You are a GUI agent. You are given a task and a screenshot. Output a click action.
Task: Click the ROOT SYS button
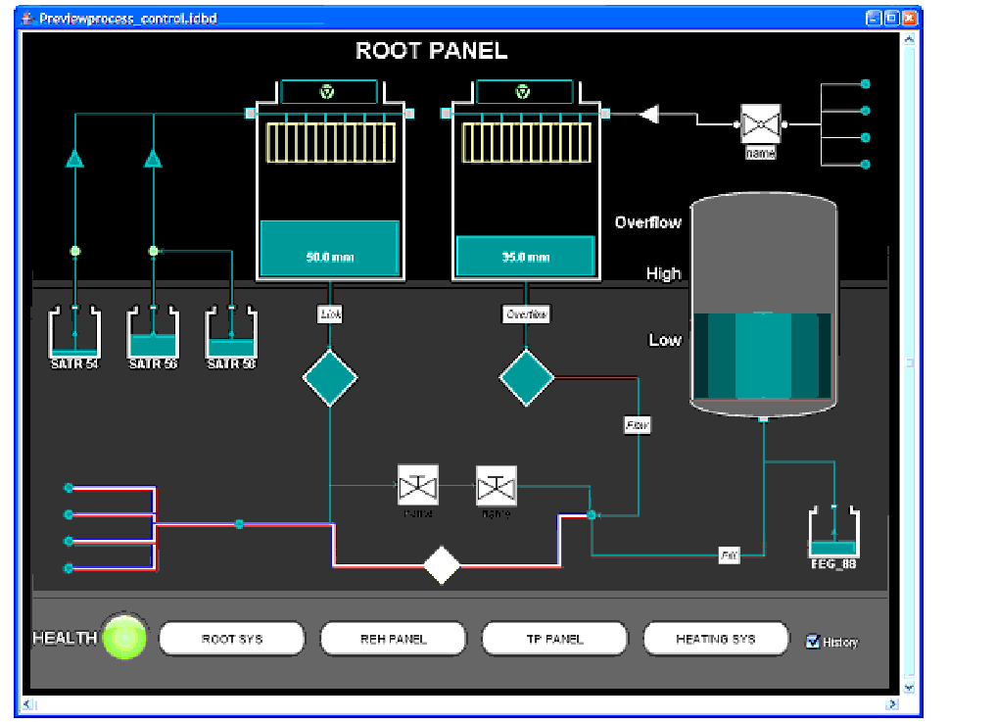231,639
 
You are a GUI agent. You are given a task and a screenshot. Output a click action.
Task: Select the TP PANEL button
554,639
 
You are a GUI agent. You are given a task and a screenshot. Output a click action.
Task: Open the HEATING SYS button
715,639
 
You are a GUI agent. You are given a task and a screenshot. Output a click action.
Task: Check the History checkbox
812,642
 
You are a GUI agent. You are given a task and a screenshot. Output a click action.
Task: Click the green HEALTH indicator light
125,638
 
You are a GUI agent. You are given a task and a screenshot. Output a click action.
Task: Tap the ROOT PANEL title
431,51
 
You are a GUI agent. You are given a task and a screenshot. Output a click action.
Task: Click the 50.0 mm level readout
329,258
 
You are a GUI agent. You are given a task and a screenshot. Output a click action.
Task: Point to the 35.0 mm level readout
526,258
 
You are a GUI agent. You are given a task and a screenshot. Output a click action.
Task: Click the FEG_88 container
833,534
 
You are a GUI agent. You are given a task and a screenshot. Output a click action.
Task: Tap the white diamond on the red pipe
442,565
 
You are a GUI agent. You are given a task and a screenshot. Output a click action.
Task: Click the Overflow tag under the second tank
526,314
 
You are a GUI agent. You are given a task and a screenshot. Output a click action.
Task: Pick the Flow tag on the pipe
638,425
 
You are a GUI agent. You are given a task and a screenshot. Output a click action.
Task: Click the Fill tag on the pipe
729,555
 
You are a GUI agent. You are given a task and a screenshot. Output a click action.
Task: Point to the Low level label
665,340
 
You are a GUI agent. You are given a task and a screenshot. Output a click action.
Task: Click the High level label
663,273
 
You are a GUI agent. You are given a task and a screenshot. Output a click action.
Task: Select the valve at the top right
760,124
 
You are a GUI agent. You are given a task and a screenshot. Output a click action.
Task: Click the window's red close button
910,19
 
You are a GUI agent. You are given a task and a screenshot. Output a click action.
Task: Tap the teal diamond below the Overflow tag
527,378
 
